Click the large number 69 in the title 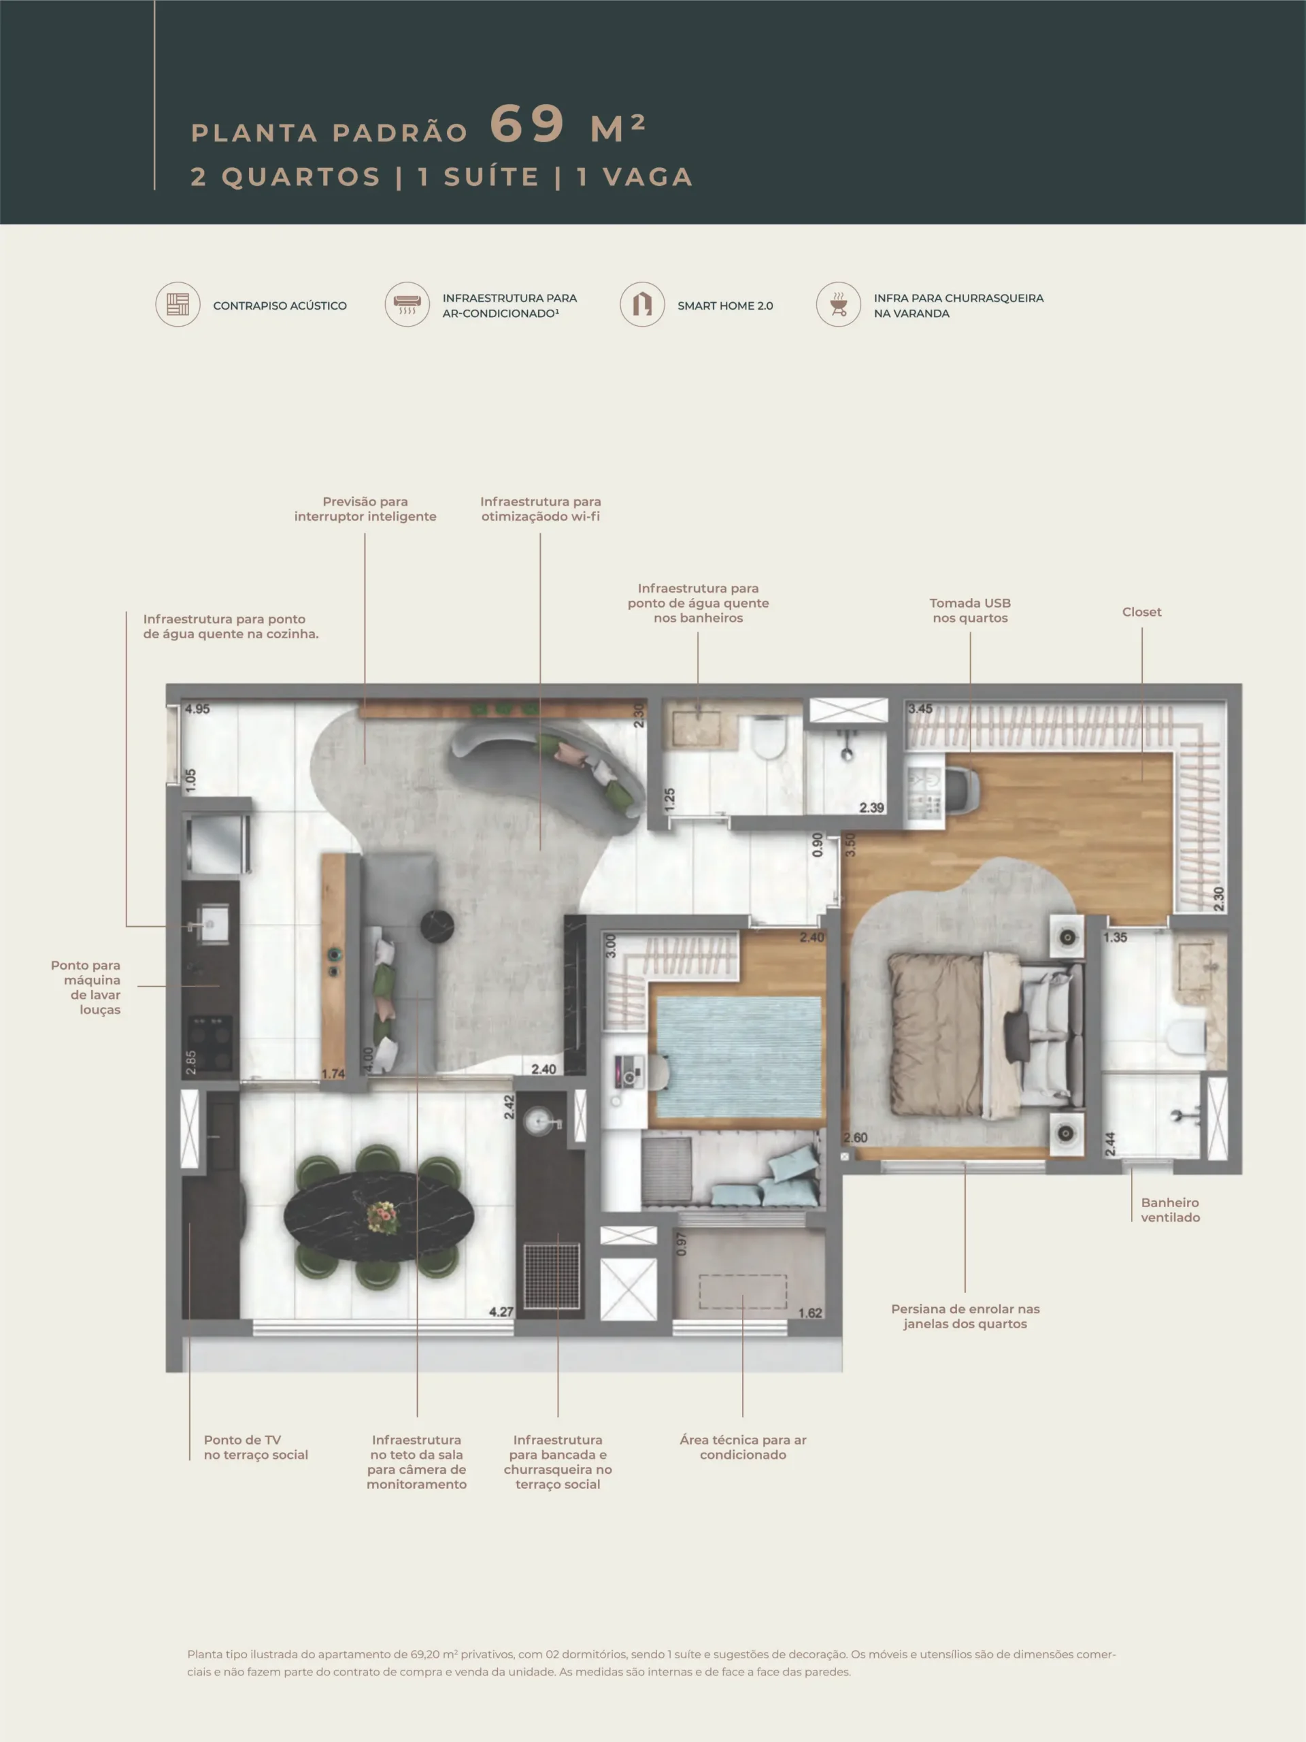526,124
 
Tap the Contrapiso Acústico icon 178,305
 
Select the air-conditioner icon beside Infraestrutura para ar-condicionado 407,305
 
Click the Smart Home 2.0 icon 642,305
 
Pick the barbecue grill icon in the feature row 839,305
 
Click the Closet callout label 1141,612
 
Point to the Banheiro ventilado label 1171,1210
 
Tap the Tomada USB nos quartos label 970,610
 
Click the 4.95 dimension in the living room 197,709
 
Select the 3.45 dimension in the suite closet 920,709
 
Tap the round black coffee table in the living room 437,926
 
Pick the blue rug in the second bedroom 739,1057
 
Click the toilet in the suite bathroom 1188,1037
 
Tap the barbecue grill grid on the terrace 552,1275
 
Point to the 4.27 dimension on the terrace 501,1312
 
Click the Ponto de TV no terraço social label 256,1447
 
